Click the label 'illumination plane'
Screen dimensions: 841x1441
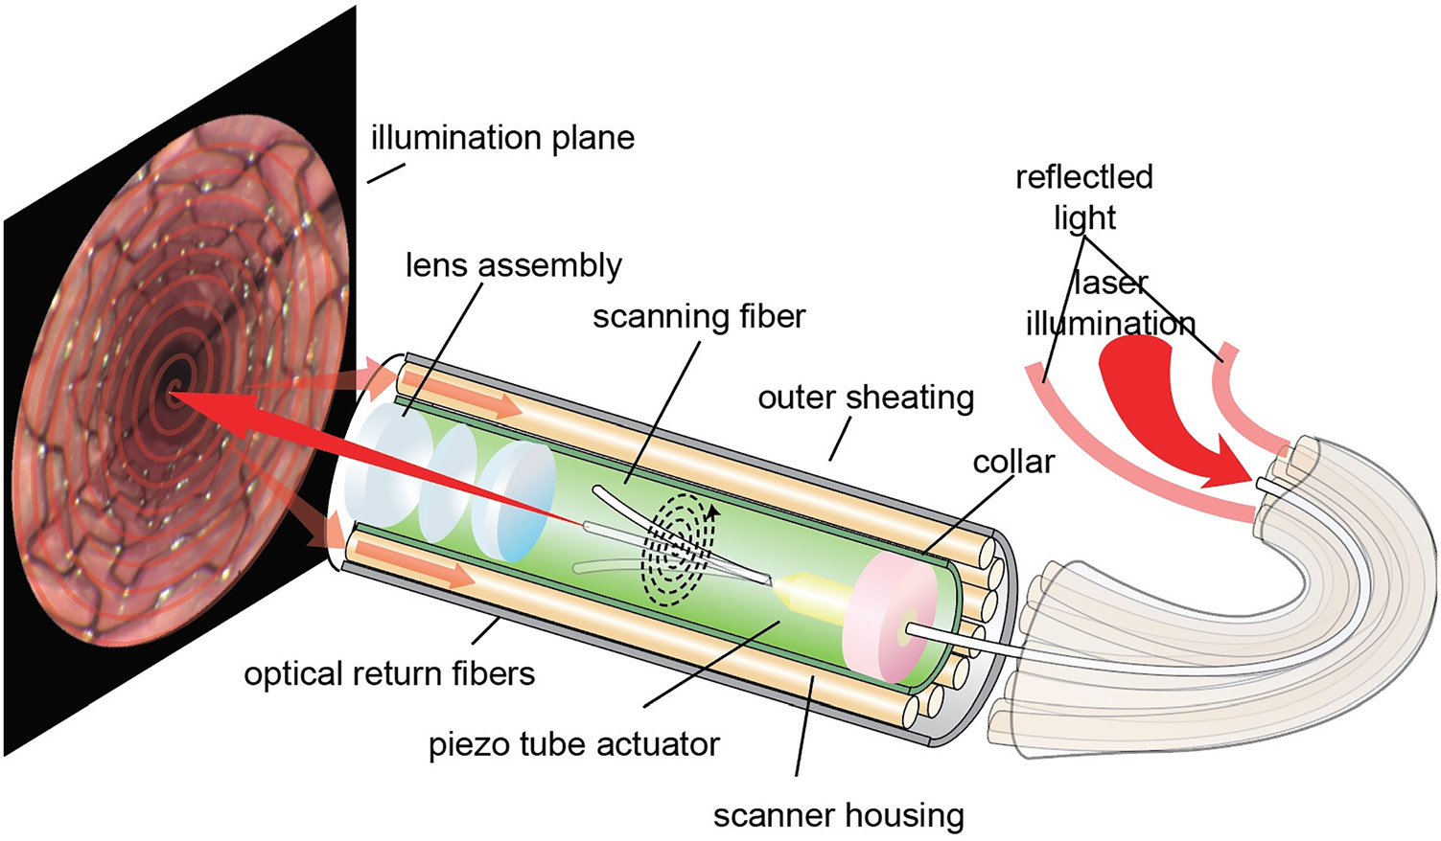[x=502, y=139]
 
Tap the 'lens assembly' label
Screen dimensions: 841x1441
[x=513, y=265]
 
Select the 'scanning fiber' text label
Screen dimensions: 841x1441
[x=699, y=316]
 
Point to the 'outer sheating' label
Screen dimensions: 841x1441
[x=866, y=397]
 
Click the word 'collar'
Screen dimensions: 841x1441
[x=1013, y=462]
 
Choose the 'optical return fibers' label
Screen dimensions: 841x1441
[x=389, y=673]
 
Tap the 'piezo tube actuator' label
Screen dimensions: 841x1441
[x=573, y=744]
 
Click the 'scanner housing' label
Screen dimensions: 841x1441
[x=838, y=815]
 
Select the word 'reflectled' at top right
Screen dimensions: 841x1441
[x=1083, y=177]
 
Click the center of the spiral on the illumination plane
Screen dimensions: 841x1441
[x=175, y=389]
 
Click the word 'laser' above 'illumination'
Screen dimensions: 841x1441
[x=1110, y=284]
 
